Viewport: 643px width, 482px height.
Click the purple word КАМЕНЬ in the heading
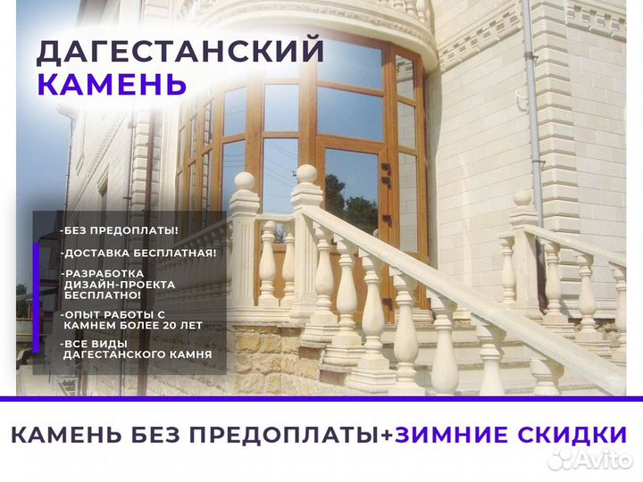pyautogui.click(x=112, y=84)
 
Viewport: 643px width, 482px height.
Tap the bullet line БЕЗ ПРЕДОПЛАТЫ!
pyautogui.click(x=119, y=230)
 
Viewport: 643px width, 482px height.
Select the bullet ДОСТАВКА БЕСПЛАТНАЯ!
pyautogui.click(x=138, y=253)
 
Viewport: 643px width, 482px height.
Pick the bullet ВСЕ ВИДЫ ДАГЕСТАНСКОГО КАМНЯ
pyautogui.click(x=136, y=349)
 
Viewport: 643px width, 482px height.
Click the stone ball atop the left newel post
pyautogui.click(x=243, y=182)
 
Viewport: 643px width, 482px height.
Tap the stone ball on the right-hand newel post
pyautogui.click(x=522, y=198)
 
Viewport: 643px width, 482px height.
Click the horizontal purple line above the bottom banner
pyautogui.click(x=321, y=398)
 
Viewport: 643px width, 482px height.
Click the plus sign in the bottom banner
pyautogui.click(x=387, y=436)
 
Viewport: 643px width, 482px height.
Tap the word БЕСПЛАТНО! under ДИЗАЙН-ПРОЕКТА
pyautogui.click(x=101, y=295)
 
